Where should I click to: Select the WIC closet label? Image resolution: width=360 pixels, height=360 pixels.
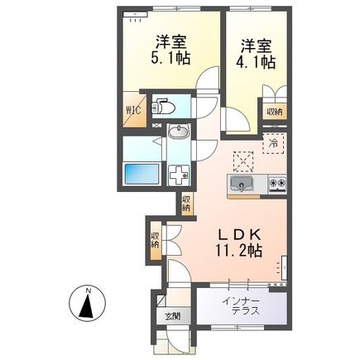(x=134, y=108)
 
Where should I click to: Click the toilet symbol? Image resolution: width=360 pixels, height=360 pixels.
(x=164, y=108)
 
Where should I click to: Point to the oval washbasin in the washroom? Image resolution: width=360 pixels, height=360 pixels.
(x=176, y=132)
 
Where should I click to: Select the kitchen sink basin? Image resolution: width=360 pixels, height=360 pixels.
(x=242, y=183)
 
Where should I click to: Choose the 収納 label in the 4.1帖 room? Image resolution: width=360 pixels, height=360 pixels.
(x=273, y=111)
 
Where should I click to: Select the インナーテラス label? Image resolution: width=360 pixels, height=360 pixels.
(x=242, y=305)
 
